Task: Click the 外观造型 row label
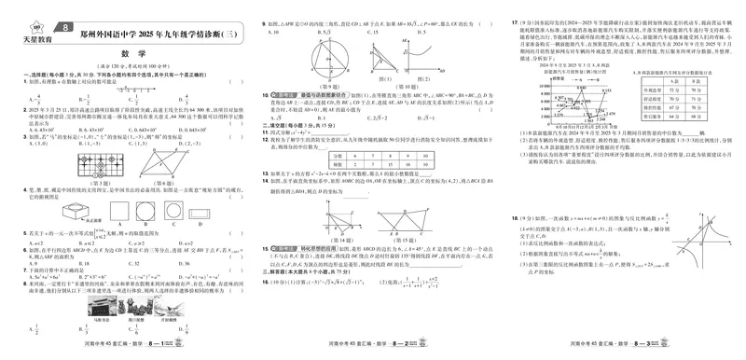(x=642, y=90)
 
